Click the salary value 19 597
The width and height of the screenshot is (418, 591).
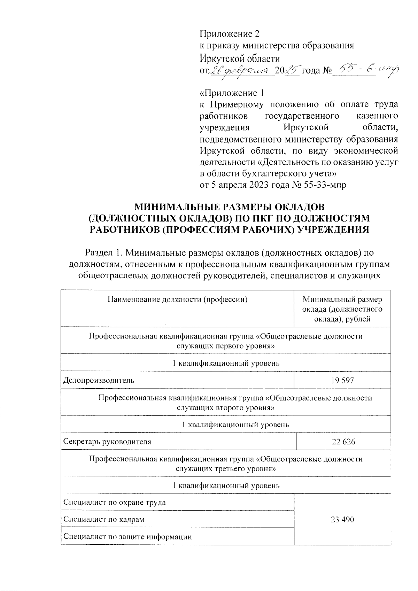342,380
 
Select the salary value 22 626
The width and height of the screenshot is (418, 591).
343,442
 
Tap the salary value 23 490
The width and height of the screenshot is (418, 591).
342,520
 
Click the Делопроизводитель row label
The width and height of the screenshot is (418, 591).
99,380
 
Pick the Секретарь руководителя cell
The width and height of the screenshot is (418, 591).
107,442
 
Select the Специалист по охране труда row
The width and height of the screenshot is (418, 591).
115,503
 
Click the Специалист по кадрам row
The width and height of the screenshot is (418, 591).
104,520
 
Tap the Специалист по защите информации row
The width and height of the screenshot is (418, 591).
127,537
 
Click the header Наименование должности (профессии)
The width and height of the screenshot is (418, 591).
177,299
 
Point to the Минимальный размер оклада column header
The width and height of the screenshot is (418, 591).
342,309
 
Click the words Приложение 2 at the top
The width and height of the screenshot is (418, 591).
230,34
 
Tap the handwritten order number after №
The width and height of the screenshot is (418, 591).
364,70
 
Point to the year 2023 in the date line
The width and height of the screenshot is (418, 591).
259,185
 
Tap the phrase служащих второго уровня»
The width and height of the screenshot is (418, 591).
225,407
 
